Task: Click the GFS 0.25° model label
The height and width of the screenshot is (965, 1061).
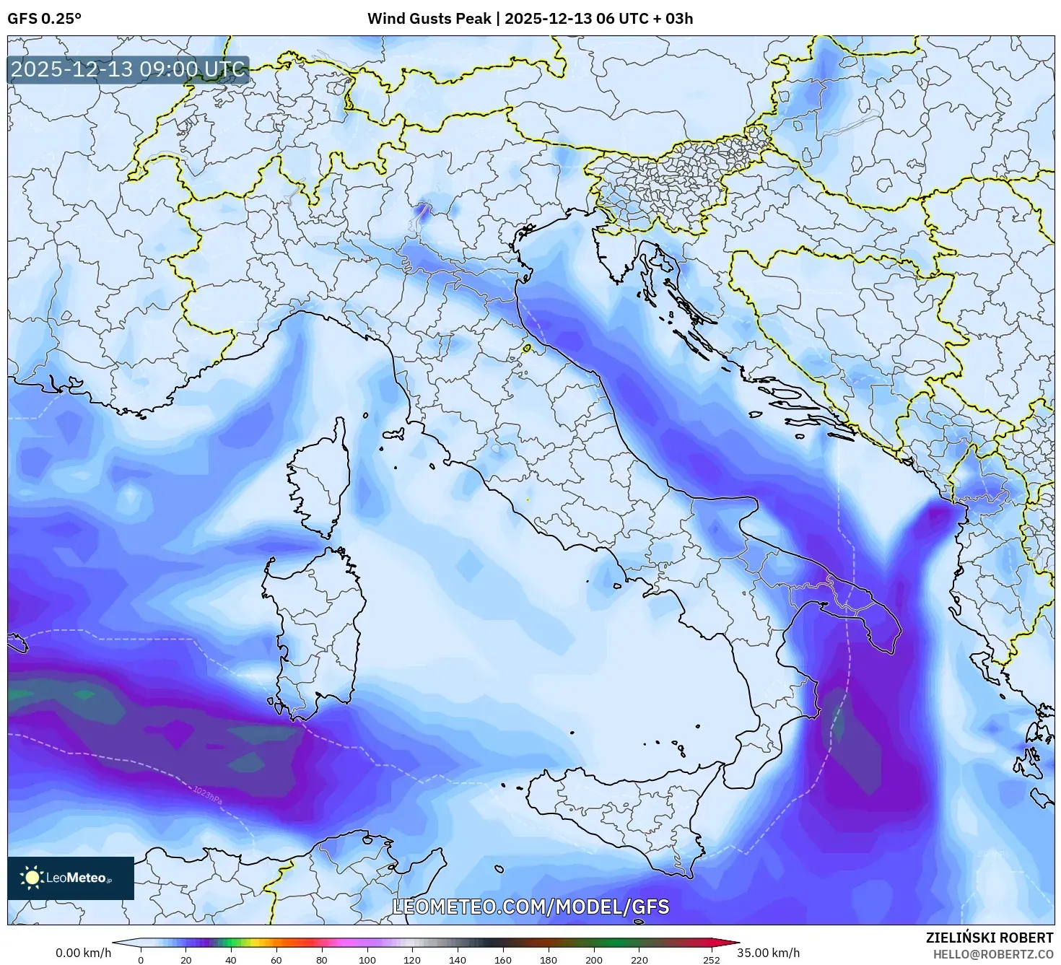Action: tap(44, 19)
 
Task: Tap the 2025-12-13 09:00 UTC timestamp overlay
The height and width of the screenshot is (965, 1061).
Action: tap(128, 70)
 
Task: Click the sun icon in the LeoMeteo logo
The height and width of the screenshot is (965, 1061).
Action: tap(32, 878)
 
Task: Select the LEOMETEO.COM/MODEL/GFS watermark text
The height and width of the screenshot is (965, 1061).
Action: tap(530, 907)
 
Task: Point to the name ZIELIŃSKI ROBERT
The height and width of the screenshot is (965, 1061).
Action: tap(990, 938)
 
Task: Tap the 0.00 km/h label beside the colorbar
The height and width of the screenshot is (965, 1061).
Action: tap(83, 953)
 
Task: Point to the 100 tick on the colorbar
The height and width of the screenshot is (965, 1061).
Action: tap(367, 960)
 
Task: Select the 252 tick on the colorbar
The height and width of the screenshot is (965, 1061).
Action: tap(712, 960)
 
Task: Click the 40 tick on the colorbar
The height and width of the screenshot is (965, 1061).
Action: tap(231, 960)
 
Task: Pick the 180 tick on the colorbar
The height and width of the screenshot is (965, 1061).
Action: tap(549, 960)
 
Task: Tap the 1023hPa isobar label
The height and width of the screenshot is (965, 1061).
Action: tap(207, 795)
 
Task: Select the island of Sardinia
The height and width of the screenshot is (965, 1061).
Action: tap(318, 628)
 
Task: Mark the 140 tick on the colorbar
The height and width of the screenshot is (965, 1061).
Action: tap(458, 960)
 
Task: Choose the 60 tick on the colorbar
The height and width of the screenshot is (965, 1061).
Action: tap(276, 960)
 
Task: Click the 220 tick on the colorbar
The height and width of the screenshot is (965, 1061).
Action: tap(639, 960)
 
